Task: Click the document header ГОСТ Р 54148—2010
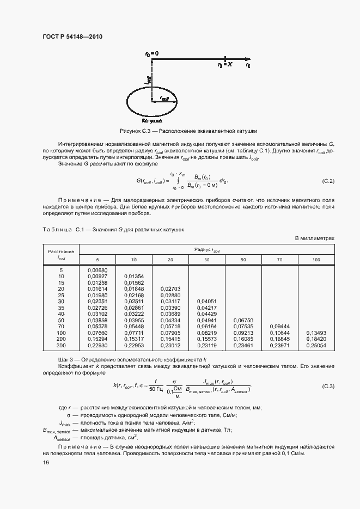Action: tap(72, 36)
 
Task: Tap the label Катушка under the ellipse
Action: tap(151, 121)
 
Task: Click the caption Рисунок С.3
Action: tap(188, 131)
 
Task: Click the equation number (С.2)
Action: tap(328, 180)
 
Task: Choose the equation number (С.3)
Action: tap(328, 386)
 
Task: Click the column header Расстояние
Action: tap(61, 252)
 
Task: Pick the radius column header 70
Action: tap(279, 260)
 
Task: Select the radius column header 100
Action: tap(316, 260)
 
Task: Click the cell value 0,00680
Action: tap(97, 270)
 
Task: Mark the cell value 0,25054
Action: tap(316, 345)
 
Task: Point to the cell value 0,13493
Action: tap(316, 332)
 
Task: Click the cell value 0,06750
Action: tap(243, 320)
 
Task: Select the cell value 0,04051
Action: tap(207, 301)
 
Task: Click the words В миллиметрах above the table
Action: tap(314, 238)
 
